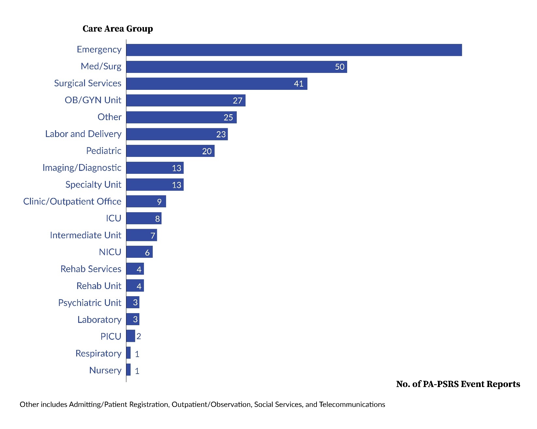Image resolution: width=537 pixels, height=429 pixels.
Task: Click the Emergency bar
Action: (x=294, y=50)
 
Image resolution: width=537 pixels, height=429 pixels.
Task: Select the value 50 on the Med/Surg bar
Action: (x=339, y=67)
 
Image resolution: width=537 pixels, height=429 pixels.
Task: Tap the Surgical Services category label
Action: (x=88, y=83)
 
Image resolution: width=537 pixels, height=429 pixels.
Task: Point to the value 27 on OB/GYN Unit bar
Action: (x=237, y=101)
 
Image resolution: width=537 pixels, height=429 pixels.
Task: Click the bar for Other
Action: (x=181, y=117)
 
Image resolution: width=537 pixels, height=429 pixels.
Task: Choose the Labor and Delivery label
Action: (x=83, y=134)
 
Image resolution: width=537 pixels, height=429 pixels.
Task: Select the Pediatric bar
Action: (x=170, y=151)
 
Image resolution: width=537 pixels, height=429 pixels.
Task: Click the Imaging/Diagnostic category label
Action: (x=82, y=168)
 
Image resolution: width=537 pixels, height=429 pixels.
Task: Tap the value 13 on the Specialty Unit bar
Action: (x=176, y=185)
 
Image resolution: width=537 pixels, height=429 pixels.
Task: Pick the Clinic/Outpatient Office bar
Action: (x=146, y=201)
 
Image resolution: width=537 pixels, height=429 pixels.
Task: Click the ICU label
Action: (x=113, y=218)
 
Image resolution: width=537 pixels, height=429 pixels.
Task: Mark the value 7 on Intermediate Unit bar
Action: (x=152, y=236)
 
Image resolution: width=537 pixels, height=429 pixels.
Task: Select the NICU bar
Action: (x=139, y=252)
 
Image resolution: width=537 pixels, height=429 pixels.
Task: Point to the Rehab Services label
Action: (x=91, y=269)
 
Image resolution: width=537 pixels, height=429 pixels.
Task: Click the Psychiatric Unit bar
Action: (x=133, y=302)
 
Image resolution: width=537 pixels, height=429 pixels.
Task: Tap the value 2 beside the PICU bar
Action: (x=139, y=336)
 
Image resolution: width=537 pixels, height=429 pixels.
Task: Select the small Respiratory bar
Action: (x=128, y=353)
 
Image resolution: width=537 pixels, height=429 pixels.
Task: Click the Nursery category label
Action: (x=105, y=370)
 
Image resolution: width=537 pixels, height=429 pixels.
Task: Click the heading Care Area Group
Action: (x=118, y=29)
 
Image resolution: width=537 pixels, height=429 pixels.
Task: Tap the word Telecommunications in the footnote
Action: (x=352, y=405)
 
